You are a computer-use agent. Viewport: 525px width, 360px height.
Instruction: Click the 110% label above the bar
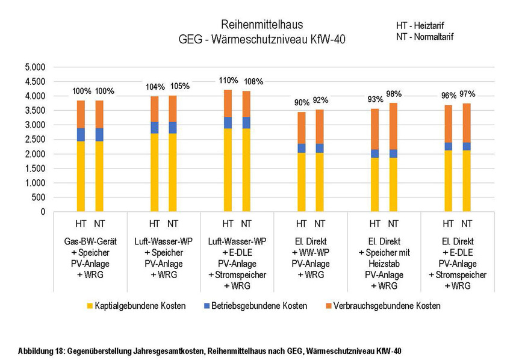(x=228, y=80)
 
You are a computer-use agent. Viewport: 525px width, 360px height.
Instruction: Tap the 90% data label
(x=302, y=102)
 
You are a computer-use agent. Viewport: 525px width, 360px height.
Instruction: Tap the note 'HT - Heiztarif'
(x=424, y=26)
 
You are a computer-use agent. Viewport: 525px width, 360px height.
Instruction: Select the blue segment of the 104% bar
(x=155, y=127)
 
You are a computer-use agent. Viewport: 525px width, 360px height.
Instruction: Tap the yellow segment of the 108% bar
(x=247, y=169)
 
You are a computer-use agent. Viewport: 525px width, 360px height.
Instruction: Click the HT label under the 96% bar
(x=449, y=224)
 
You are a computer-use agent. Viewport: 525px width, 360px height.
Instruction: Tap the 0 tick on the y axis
(x=42, y=212)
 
